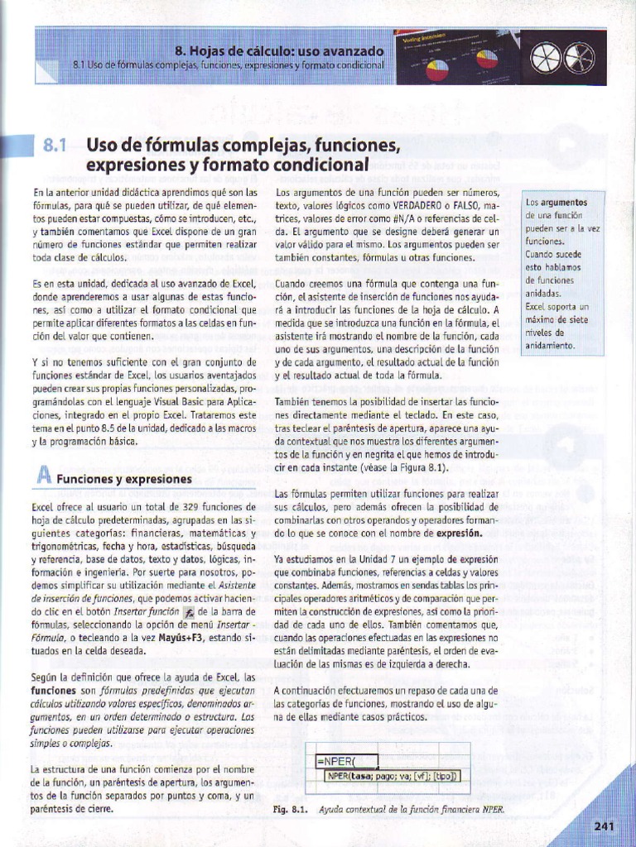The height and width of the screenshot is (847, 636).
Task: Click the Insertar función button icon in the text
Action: coord(189,613)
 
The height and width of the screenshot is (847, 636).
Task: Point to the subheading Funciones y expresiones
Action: coord(124,479)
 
